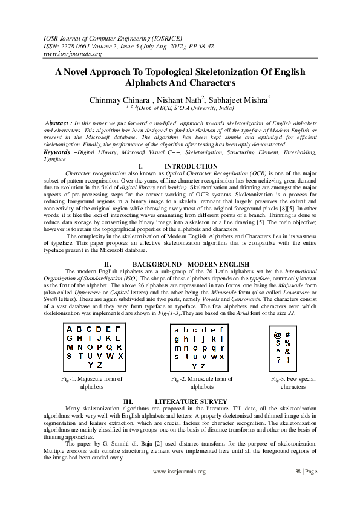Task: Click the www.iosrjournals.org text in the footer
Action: (x=180, y=472)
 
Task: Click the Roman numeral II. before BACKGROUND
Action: (x=107, y=264)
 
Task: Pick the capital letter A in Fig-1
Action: (x=70, y=329)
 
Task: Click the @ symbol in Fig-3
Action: (x=277, y=334)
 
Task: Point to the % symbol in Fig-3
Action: (x=287, y=343)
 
